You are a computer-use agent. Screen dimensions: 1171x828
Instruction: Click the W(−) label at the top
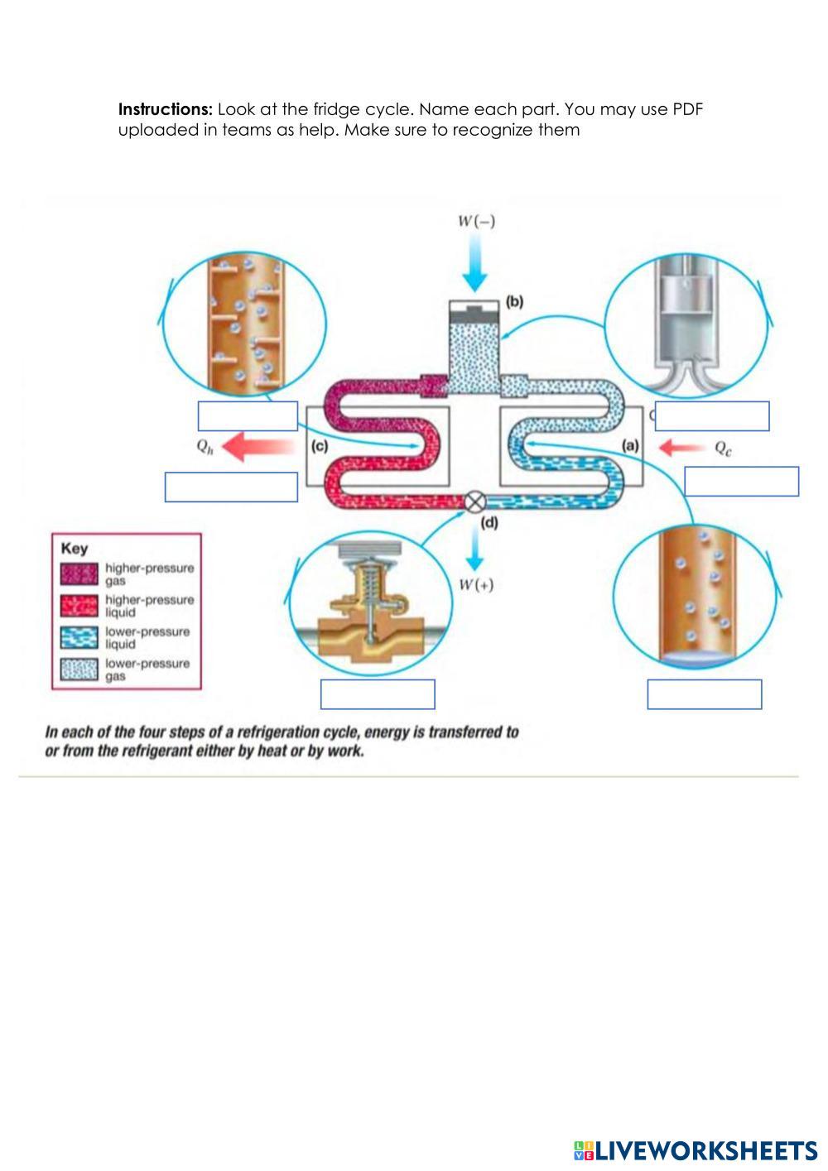tap(477, 221)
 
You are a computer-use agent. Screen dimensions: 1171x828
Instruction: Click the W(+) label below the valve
tap(476, 585)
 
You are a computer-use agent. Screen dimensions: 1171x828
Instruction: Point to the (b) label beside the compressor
tap(514, 301)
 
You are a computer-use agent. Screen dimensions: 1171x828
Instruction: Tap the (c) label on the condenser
tap(320, 446)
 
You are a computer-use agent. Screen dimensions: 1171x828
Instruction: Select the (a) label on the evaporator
tap(631, 445)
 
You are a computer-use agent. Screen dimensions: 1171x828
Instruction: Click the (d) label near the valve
tap(490, 522)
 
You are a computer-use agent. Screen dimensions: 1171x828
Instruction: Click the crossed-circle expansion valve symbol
tap(474, 502)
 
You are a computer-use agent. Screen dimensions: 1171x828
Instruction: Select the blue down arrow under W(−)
tap(474, 265)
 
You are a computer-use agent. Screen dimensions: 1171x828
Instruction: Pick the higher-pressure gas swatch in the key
tap(79, 574)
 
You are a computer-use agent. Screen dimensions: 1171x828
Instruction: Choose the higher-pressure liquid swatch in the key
tap(79, 606)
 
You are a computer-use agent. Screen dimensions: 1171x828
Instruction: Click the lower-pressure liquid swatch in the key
tap(79, 637)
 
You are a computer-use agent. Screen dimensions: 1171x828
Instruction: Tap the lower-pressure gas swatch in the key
tap(79, 669)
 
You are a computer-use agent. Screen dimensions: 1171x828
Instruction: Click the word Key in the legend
tap(75, 548)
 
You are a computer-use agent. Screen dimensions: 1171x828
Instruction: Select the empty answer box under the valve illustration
tap(378, 694)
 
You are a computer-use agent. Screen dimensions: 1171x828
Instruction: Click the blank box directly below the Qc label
tap(741, 481)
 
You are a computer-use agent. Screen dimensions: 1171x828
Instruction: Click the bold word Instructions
tap(166, 109)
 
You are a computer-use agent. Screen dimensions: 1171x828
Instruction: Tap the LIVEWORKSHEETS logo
tap(695, 1150)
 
